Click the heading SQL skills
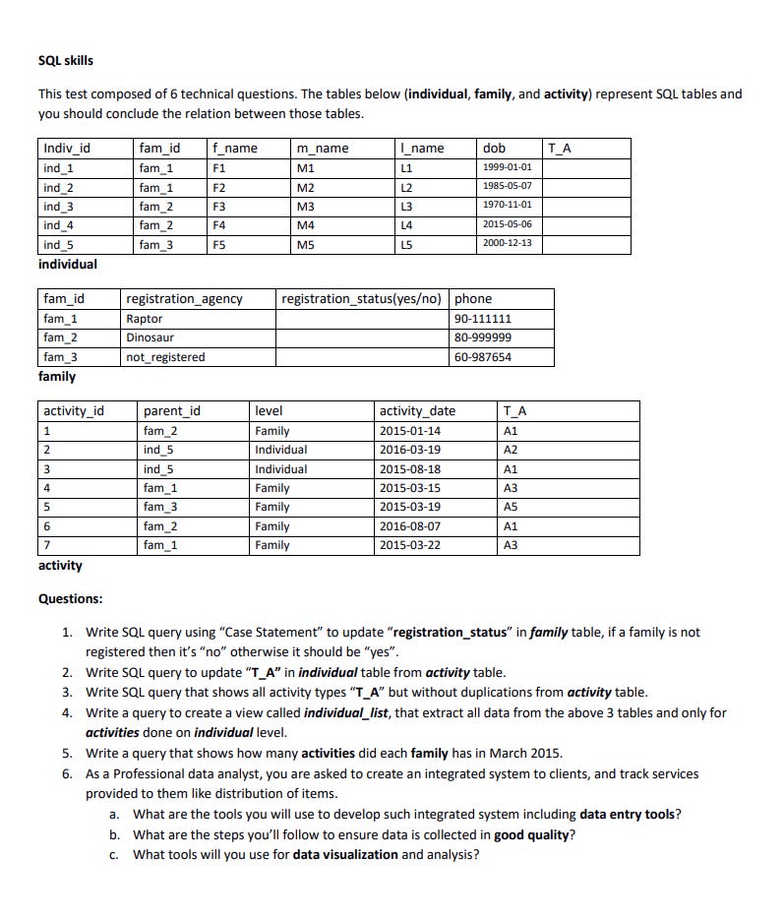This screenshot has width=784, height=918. pos(66,61)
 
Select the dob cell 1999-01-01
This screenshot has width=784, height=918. pos(507,167)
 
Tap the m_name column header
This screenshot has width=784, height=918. pos(323,149)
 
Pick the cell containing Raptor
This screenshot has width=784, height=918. pos(145,319)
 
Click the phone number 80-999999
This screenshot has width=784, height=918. pos(482,337)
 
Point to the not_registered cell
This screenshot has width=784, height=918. pos(165,357)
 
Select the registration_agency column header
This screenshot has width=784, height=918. pos(184,299)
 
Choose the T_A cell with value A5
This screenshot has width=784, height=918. pos(510,508)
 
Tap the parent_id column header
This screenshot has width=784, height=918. pos(172,411)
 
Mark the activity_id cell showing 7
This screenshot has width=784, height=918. pos(47,545)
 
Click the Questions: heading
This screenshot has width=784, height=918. pos(70,598)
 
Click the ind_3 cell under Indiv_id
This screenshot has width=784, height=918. pos(58,206)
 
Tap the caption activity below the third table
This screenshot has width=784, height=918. pos(60,566)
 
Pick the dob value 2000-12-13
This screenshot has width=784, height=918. pos(507,243)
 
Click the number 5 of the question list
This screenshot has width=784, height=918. pos(66,754)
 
